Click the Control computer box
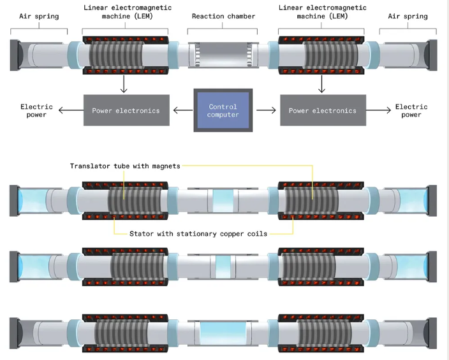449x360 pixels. tap(223, 110)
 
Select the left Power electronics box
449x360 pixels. tap(126, 110)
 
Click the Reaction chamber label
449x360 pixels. tap(223, 16)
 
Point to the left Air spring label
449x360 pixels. tap(38, 16)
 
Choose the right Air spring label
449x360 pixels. tap(408, 16)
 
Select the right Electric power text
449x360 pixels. tap(411, 110)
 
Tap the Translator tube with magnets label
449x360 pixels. tap(125, 166)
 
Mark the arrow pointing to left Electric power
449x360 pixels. tap(71, 110)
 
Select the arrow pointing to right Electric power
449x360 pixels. tap(378, 110)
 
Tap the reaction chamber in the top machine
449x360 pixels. tap(223, 55)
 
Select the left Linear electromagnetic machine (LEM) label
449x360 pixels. tap(126, 12)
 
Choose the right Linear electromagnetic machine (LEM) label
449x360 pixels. tap(321, 12)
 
